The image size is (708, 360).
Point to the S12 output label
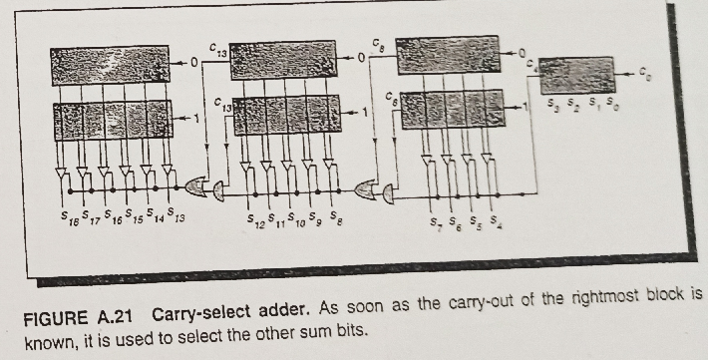coord(255,217)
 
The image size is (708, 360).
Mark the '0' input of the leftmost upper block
coord(196,63)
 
